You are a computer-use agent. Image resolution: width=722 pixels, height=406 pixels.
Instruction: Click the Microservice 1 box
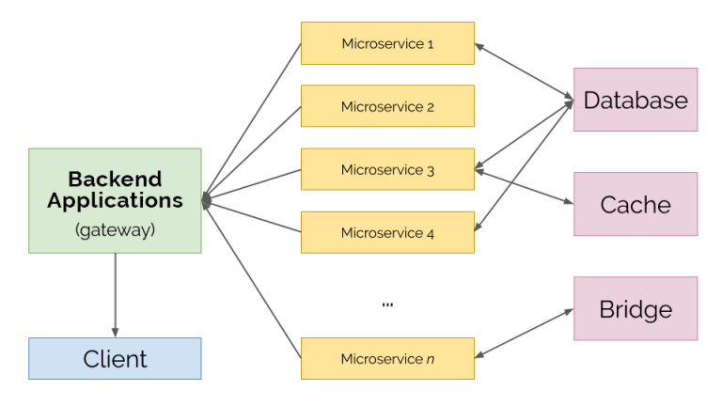pyautogui.click(x=387, y=43)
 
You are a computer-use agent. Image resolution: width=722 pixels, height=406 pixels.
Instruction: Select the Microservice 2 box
pyautogui.click(x=387, y=106)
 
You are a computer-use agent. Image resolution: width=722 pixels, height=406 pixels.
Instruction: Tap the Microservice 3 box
pyautogui.click(x=387, y=170)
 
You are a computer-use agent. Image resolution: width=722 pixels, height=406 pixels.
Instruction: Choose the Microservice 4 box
pyautogui.click(x=387, y=232)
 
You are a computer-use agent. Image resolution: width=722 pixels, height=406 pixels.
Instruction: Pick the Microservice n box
pyautogui.click(x=387, y=358)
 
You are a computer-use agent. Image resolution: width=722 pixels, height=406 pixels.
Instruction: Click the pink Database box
pyautogui.click(x=636, y=100)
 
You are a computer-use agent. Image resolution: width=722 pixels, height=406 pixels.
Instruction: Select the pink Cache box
pyautogui.click(x=636, y=204)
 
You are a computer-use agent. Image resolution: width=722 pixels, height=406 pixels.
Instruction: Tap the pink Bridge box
pyautogui.click(x=636, y=308)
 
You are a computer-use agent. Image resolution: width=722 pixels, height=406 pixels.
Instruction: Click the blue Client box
pyautogui.click(x=115, y=358)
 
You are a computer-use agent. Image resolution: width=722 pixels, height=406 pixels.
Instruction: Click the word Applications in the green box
pyautogui.click(x=115, y=200)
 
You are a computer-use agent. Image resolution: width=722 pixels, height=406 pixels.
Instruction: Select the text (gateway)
pyautogui.click(x=115, y=227)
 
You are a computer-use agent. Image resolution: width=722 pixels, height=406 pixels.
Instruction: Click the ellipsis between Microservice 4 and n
pyautogui.click(x=387, y=303)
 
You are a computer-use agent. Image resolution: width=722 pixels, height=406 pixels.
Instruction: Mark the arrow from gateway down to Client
pyautogui.click(x=115, y=294)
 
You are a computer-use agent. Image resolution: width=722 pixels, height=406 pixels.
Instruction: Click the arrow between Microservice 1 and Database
pyautogui.click(x=524, y=70)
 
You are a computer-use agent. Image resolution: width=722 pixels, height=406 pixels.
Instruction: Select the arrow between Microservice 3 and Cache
pyautogui.click(x=524, y=186)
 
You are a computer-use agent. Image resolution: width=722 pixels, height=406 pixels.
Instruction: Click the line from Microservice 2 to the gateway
pyautogui.click(x=252, y=151)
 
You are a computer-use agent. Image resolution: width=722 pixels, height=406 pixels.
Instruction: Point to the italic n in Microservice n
pyautogui.click(x=430, y=359)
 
